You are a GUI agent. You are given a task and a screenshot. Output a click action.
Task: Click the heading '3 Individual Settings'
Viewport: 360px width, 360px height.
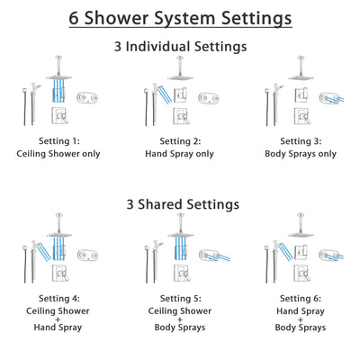tap(180, 46)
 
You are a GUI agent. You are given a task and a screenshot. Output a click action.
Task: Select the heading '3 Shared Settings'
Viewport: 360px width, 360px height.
tap(180, 204)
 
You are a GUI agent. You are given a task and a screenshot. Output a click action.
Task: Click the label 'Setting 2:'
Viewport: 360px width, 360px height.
tap(180, 141)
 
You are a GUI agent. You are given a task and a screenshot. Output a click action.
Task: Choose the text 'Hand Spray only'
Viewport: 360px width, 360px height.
tap(180, 154)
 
